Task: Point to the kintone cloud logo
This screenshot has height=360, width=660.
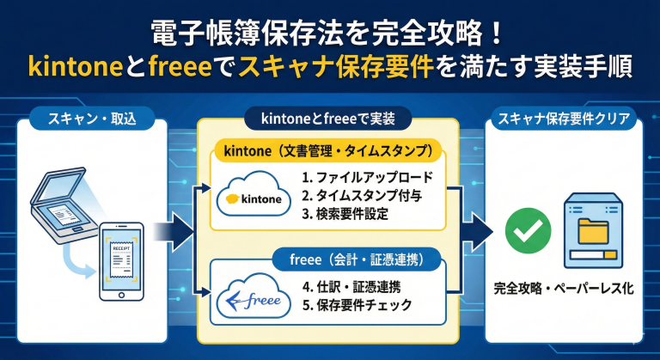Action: coord(252,196)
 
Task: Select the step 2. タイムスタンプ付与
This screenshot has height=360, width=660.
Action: coord(361,196)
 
